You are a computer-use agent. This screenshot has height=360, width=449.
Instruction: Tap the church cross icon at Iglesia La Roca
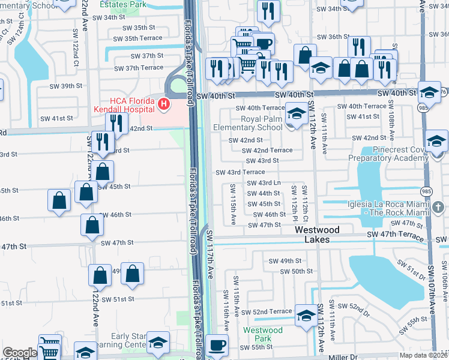coord(438,208)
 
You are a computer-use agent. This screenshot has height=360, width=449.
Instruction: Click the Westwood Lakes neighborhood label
coord(316,235)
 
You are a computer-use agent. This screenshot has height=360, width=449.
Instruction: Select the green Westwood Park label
coord(262,335)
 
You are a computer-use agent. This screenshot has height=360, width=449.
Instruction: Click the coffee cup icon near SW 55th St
coord(217,346)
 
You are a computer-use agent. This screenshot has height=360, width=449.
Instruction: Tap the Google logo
coord(20,353)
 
